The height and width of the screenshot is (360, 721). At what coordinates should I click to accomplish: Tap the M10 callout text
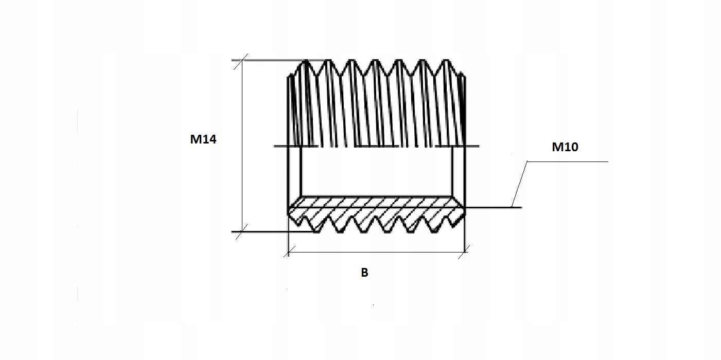(565, 148)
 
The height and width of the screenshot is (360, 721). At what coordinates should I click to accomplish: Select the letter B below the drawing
(364, 273)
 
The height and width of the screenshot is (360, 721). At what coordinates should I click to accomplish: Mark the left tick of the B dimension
(289, 252)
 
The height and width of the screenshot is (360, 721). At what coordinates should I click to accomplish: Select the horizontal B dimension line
(376, 252)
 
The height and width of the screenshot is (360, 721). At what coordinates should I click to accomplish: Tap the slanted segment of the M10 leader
(520, 185)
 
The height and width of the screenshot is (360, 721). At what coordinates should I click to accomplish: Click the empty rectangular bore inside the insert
(376, 172)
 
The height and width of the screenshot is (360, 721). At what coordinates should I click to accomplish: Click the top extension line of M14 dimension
(268, 61)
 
